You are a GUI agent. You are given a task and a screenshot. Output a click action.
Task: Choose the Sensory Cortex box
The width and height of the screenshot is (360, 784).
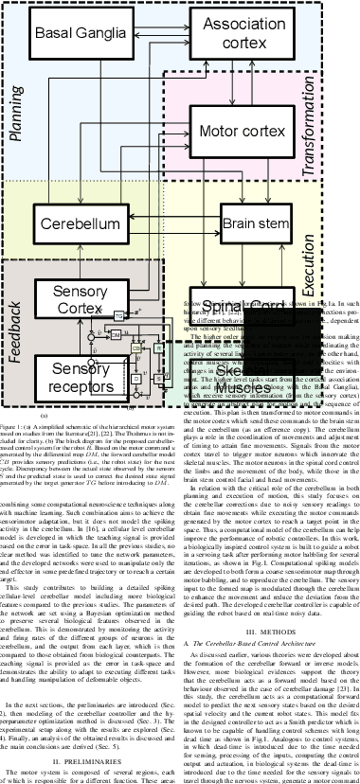click(81, 301)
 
